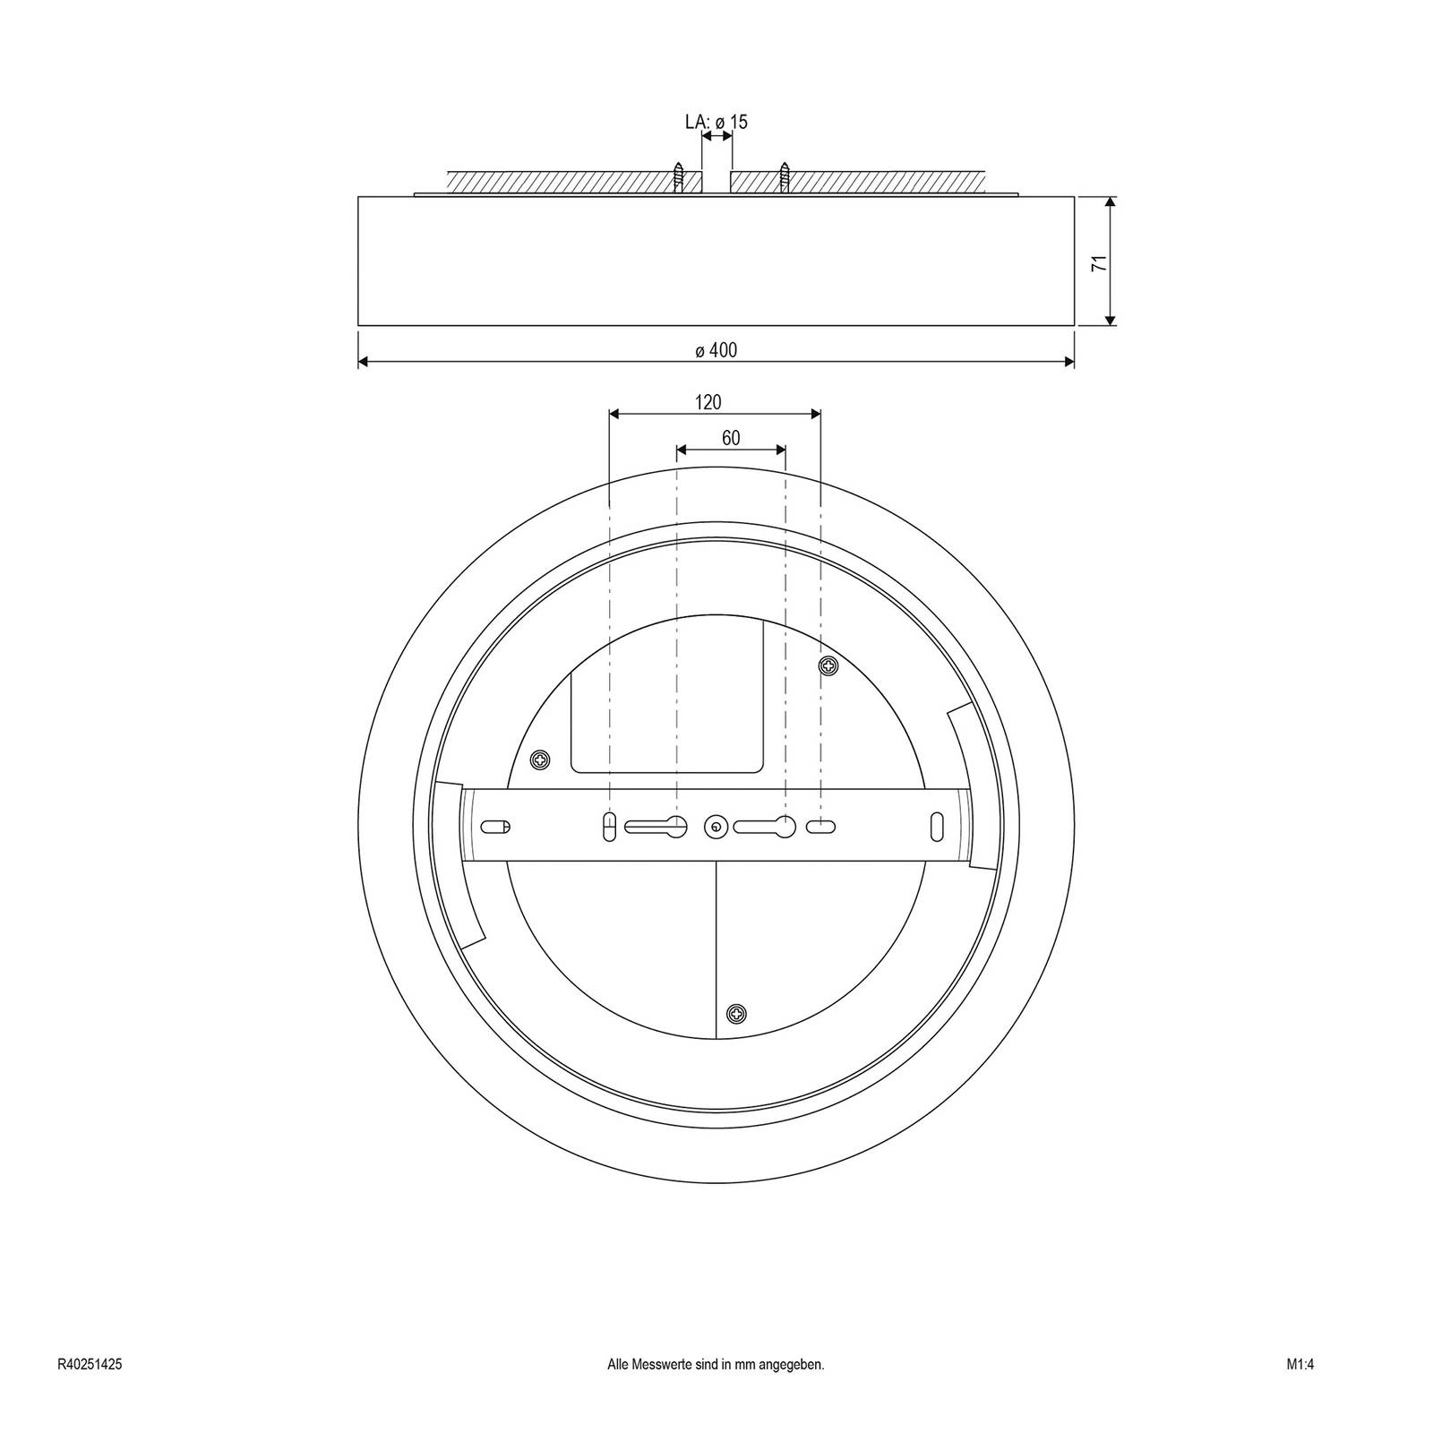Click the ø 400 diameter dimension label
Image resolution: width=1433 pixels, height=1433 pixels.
(x=716, y=350)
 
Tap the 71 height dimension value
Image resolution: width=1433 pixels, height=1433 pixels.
(x=1099, y=262)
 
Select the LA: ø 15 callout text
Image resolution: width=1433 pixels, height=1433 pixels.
(x=716, y=122)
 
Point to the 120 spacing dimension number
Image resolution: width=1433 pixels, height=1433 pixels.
(x=708, y=402)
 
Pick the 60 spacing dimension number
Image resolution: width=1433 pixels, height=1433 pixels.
(x=731, y=438)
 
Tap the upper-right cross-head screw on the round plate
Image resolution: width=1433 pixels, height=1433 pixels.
(x=829, y=665)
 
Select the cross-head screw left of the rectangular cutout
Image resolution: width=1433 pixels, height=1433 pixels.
(x=540, y=759)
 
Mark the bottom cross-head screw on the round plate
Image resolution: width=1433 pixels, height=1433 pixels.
(x=736, y=1014)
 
